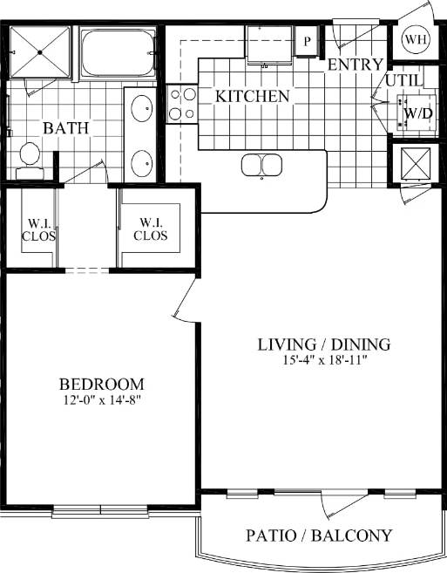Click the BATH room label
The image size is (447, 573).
tap(66, 128)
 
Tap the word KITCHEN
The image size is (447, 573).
tap(253, 96)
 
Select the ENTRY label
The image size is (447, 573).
tap(355, 65)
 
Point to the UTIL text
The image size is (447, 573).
tap(404, 80)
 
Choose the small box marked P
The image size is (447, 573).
tap(308, 40)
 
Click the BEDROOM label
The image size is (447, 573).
tap(101, 384)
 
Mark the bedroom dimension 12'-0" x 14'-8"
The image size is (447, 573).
tap(101, 401)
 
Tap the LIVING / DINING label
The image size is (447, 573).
tap(323, 344)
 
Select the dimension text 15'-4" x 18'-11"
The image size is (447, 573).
tap(323, 361)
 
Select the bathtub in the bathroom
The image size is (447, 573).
tap(118, 54)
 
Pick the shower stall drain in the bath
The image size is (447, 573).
tap(39, 52)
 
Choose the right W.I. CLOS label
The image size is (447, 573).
tap(150, 228)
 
